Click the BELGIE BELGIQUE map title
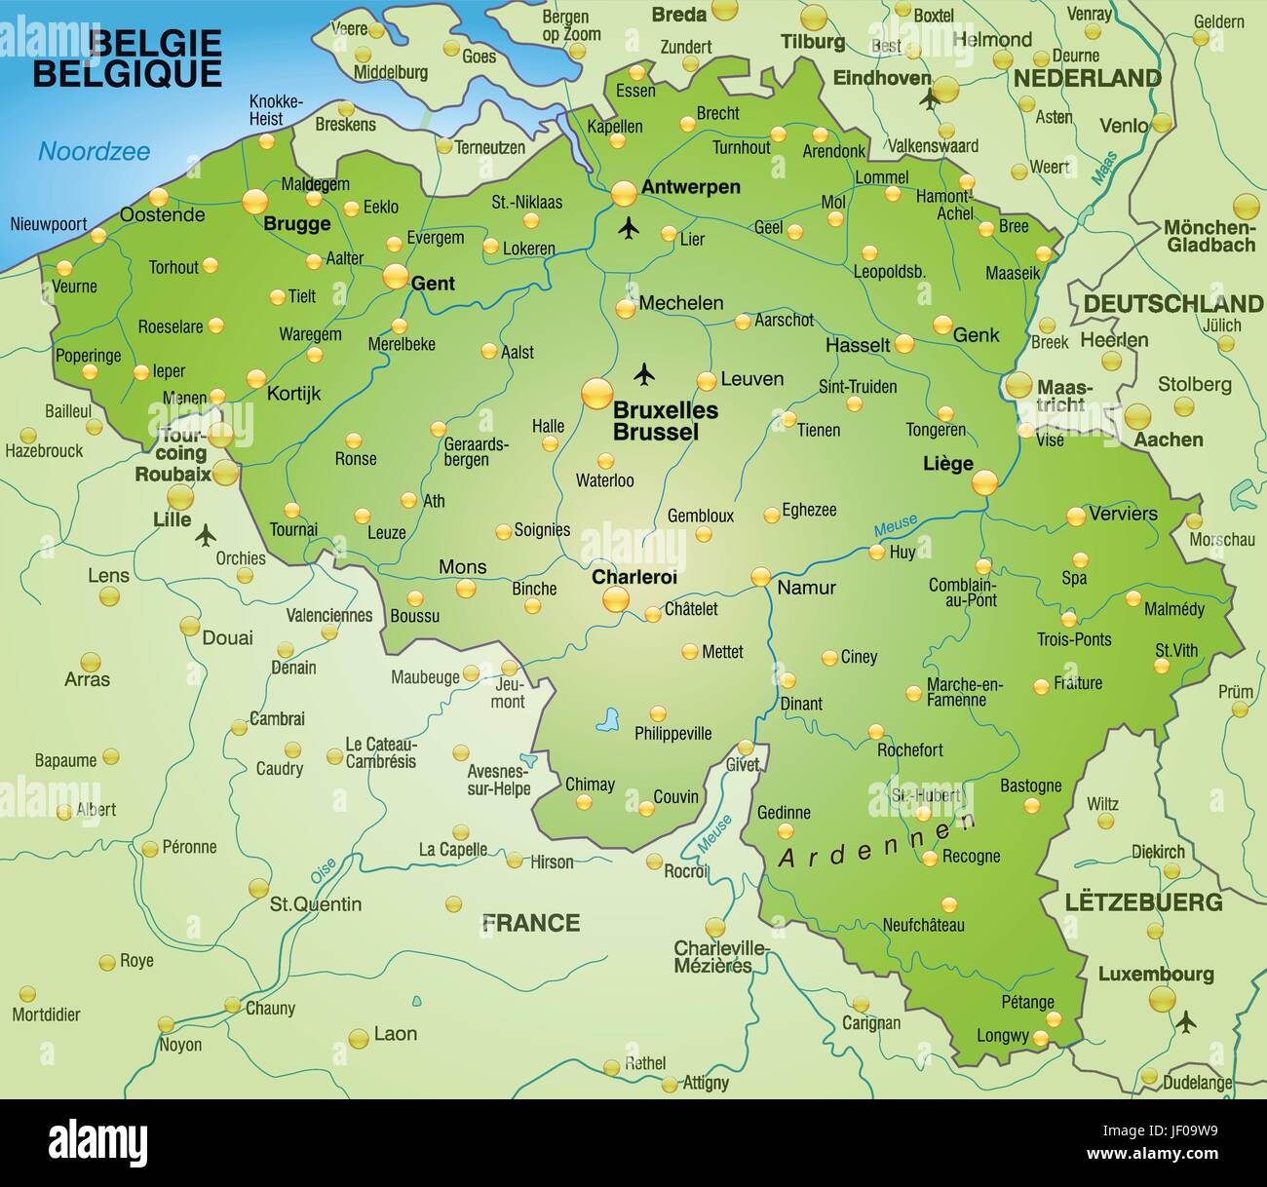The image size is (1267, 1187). click(127, 58)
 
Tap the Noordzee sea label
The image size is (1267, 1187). click(95, 151)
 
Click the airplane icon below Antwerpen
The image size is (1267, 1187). click(629, 229)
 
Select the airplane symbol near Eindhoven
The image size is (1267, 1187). click(931, 98)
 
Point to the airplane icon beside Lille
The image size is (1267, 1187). click(206, 534)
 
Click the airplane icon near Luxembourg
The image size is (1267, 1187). click(1185, 1021)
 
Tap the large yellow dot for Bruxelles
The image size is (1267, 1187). click(596, 395)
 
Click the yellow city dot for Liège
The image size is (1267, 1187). click(984, 481)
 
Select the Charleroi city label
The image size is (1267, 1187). click(634, 577)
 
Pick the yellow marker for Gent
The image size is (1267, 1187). click(395, 277)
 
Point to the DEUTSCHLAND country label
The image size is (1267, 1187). click(1172, 304)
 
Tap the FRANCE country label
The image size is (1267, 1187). click(531, 922)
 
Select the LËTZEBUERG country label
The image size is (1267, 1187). click(1143, 901)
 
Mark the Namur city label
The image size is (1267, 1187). click(806, 588)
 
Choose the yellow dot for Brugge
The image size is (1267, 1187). click(254, 202)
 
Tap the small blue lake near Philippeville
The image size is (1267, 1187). click(609, 720)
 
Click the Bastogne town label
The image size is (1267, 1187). click(1030, 785)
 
